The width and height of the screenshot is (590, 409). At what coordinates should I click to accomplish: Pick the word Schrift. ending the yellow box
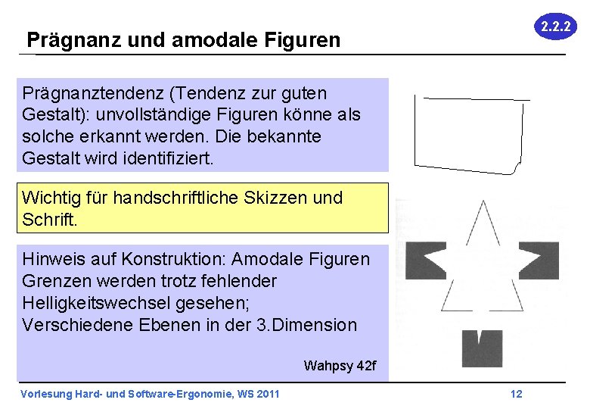click(50, 220)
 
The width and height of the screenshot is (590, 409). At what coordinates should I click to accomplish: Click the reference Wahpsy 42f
click(340, 366)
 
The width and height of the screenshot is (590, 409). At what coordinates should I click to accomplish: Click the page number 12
click(517, 394)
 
